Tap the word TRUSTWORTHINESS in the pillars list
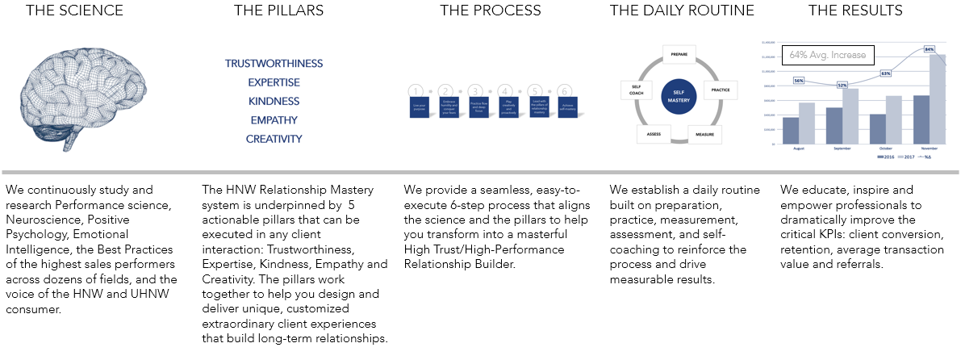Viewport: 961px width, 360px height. [x=274, y=64]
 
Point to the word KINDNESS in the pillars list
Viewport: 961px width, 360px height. [x=274, y=102]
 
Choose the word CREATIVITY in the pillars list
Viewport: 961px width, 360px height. [x=274, y=139]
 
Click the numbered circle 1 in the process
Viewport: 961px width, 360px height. [x=416, y=91]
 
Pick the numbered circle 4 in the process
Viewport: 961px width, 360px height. [x=506, y=91]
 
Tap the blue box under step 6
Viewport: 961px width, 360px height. [x=565, y=108]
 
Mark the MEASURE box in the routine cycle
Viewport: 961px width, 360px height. [x=704, y=133]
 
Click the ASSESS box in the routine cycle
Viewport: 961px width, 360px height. [x=654, y=133]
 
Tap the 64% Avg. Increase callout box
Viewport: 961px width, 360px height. [x=827, y=56]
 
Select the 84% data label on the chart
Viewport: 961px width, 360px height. [x=929, y=49]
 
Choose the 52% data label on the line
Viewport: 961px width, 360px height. [x=842, y=85]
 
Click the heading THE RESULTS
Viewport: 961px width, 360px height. [x=855, y=10]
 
